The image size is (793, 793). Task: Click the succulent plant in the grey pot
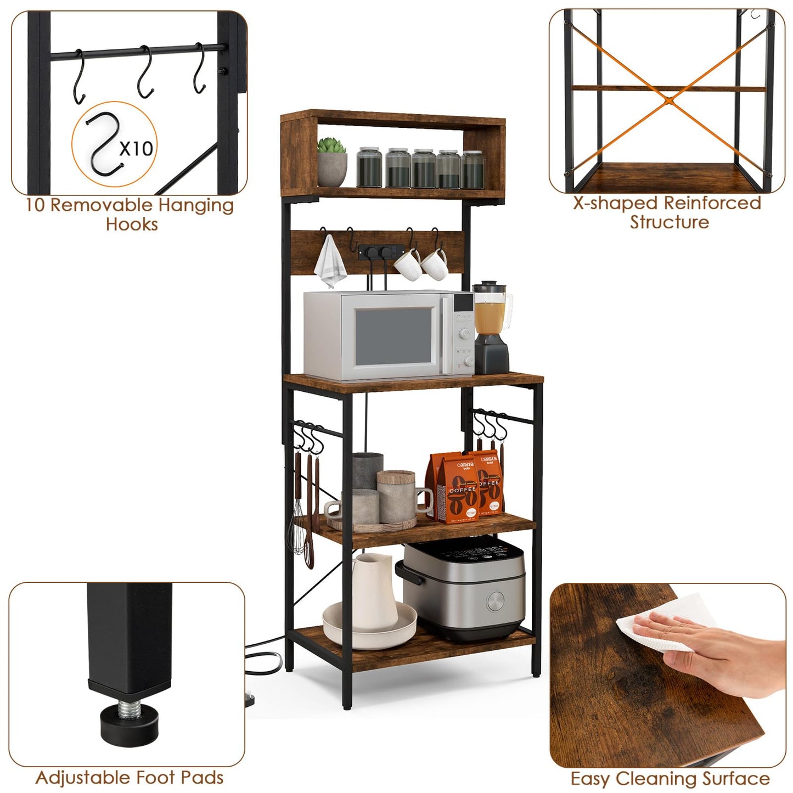pos(331,145)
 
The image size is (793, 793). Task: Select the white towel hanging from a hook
pos(330,260)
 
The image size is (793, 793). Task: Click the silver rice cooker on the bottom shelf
pos(463,588)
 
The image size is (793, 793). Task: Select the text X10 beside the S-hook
pos(136,148)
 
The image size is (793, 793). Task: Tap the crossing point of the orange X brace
pos(668,99)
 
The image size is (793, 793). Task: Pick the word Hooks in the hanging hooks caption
pos(132,224)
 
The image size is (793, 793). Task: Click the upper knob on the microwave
pos(465,333)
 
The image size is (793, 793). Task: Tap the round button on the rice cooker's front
pos(496,602)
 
